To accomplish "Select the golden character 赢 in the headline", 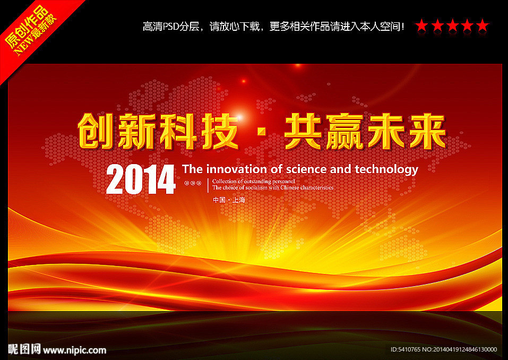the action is pyautogui.click(x=345, y=131).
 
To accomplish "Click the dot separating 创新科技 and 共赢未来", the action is pyautogui.click(x=262, y=132).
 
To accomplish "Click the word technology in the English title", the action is pyautogui.click(x=386, y=170).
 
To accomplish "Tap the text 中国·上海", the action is pyautogui.click(x=229, y=200).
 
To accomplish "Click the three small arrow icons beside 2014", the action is pyautogui.click(x=193, y=183).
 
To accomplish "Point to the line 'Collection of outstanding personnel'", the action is pyautogui.click(x=254, y=182).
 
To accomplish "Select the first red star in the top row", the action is pyautogui.click(x=422, y=25).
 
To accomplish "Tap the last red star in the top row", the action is pyautogui.click(x=483, y=25).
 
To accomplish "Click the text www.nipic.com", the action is pyautogui.click(x=74, y=350).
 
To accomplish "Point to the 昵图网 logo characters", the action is pyautogui.click(x=24, y=349).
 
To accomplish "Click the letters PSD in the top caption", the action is pyautogui.click(x=171, y=26).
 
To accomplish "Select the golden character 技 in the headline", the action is pyautogui.click(x=220, y=131).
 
